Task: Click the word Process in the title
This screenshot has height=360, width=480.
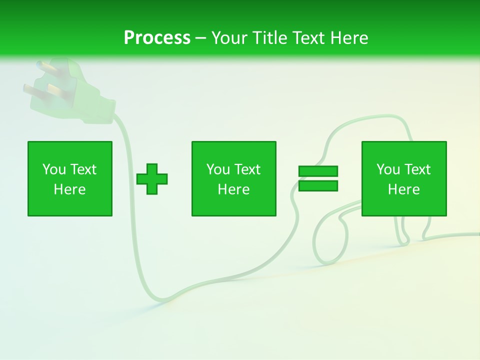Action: [157, 38]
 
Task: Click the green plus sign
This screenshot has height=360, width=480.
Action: [152, 179]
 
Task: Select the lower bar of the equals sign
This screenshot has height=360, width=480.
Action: [318, 186]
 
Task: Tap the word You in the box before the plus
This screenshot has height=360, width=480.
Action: [53, 169]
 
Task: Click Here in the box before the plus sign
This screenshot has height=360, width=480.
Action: [69, 189]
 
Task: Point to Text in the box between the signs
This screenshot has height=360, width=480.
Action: [247, 169]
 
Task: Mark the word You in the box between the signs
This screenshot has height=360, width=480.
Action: [217, 169]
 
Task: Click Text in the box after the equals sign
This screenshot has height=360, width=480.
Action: [417, 169]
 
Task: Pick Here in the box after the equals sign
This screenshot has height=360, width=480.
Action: [403, 189]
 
